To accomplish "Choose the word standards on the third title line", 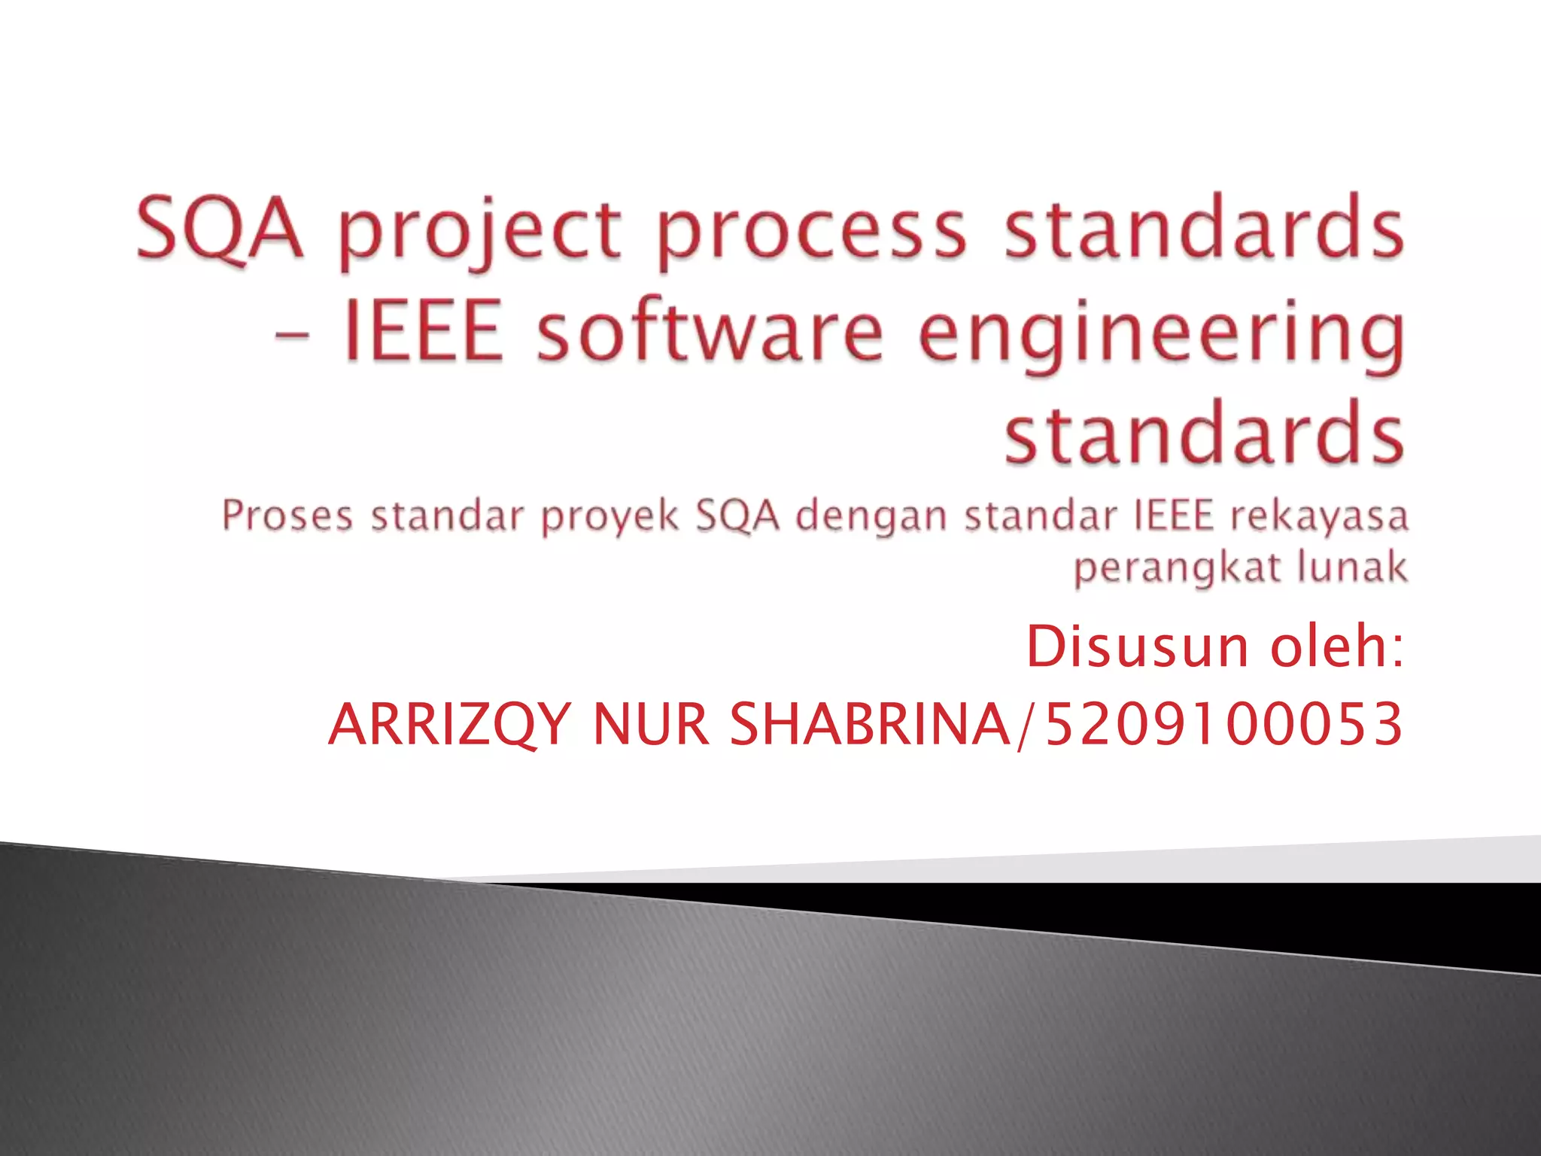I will point(1204,433).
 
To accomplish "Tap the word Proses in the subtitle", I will point(287,518).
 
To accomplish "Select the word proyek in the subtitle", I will point(610,518).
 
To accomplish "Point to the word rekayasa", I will point(1318,518).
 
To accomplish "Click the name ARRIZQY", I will point(449,724).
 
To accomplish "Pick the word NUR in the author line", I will point(651,724).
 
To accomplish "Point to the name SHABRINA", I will point(871,724).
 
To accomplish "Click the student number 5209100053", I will point(1224,724).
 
